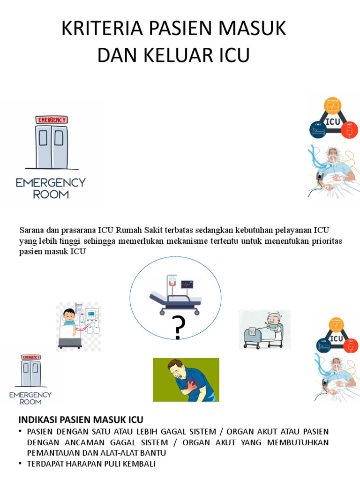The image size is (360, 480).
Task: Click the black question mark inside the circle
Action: coord(178,328)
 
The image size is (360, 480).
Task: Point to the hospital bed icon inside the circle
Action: coord(174,298)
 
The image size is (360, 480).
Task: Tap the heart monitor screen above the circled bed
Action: coord(187,285)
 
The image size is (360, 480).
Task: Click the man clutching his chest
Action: coord(186,380)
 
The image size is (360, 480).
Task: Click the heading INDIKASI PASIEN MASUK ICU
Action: coord(81,419)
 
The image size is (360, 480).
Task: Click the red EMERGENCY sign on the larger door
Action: coord(52,120)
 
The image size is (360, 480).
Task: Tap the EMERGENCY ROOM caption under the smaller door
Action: coord(30,398)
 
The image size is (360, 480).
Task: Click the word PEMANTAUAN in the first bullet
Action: coord(51,453)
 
